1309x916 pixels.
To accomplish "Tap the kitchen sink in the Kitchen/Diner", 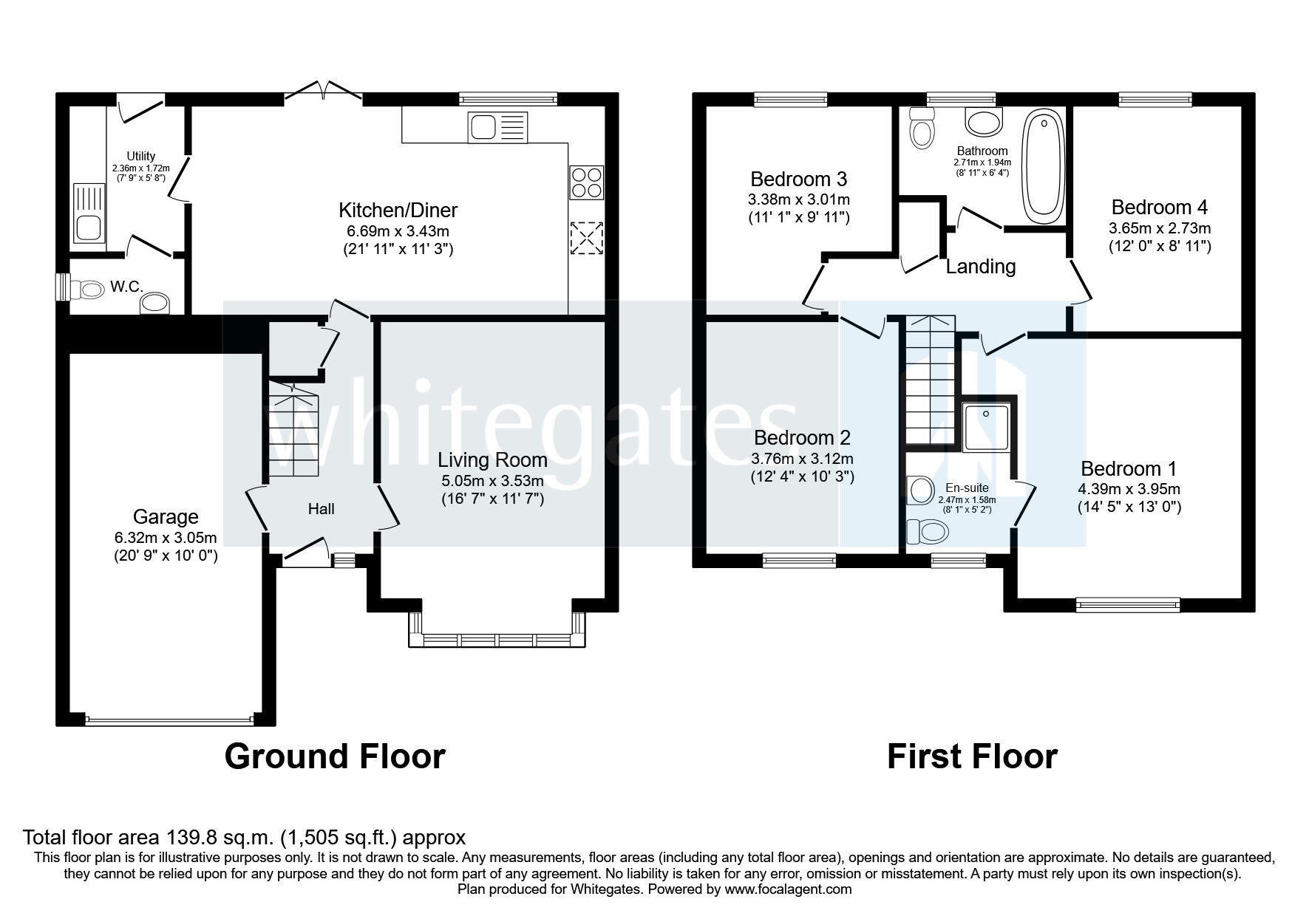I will pos(497,127).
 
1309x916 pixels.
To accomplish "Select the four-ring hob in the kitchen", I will pos(587,182).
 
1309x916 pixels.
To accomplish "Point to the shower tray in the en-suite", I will pos(987,428).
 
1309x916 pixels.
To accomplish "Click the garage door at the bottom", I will pos(169,719).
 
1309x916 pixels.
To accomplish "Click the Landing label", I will pos(981,267).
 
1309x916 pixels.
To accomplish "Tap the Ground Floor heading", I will pos(334,756).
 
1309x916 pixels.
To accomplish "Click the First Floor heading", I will pos(971,756).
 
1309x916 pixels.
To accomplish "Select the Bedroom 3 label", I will pos(798,179).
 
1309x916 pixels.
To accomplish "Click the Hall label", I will pos(321,508).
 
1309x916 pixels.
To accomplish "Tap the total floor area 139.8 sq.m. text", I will pos(244,838).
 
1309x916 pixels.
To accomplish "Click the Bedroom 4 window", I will pos(1155,98).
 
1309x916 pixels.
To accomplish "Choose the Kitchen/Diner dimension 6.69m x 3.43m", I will pos(398,230).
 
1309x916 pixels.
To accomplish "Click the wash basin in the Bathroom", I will pos(985,123).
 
